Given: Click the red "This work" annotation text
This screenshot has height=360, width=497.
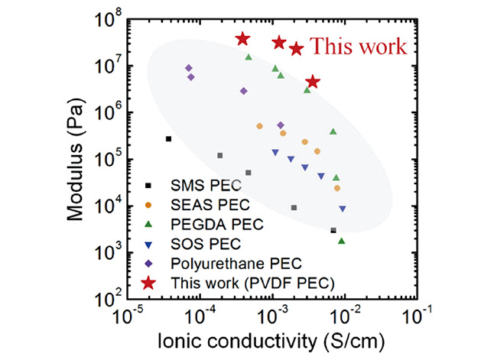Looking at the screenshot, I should coord(358,47).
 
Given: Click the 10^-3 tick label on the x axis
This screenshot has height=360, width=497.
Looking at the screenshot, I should coord(273,316).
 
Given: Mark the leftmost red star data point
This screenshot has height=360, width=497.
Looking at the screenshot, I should coord(242,39).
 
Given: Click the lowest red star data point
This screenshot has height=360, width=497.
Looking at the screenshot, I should coord(312,82).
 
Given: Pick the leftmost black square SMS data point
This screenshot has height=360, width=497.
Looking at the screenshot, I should coord(169,138).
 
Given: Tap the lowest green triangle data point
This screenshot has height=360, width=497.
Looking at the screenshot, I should coord(341,241).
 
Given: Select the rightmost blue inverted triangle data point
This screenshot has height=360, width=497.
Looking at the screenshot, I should coord(343,209).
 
